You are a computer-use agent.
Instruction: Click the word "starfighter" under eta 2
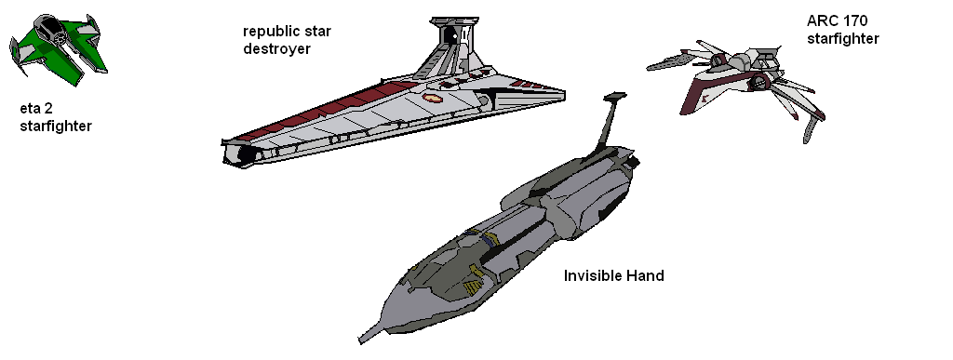(56, 126)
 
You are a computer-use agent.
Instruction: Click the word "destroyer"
(276, 48)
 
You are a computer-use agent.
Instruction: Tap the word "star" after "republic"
(316, 32)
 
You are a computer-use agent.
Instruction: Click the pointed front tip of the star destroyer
(562, 92)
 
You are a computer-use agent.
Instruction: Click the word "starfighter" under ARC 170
(843, 38)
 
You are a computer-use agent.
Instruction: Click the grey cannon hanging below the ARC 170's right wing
(813, 127)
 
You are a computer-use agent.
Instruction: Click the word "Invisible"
(594, 276)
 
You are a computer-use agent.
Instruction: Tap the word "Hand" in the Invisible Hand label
(645, 276)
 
